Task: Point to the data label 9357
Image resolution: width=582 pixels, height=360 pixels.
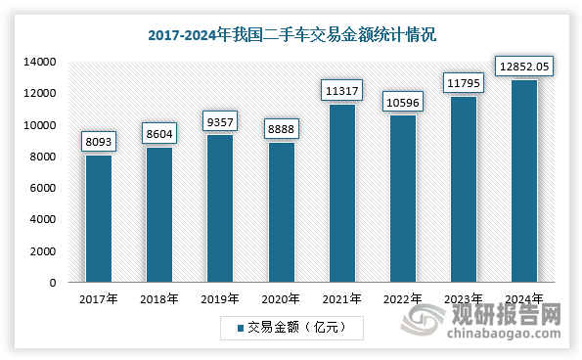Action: point(220,121)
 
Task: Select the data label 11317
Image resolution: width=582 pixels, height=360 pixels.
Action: point(342,90)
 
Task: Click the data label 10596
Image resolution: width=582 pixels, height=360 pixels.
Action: point(403,102)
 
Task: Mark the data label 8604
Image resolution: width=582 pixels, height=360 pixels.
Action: point(159,133)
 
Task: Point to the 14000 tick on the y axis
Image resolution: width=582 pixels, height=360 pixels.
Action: point(40,62)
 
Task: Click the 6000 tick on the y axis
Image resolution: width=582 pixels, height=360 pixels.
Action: point(43,188)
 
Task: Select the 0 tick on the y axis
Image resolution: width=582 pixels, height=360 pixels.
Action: point(53,283)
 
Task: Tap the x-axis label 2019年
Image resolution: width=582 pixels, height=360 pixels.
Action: point(220,299)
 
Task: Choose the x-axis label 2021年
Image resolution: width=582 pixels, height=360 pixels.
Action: point(342,299)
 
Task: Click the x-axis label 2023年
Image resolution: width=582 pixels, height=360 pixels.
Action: point(464,299)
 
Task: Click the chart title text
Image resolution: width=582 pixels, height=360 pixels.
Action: point(291,34)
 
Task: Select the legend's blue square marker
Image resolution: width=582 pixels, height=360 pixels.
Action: point(240,326)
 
